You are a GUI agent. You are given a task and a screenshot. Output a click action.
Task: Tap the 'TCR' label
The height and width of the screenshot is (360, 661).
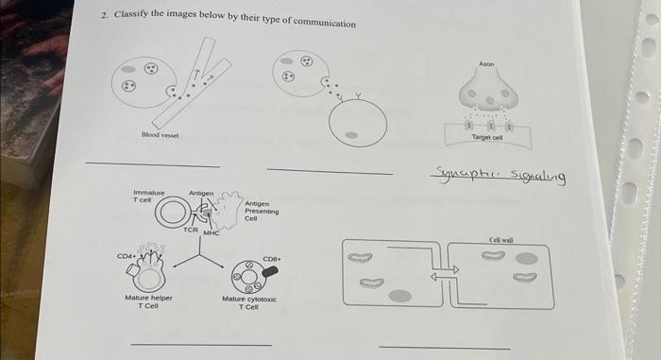(191, 230)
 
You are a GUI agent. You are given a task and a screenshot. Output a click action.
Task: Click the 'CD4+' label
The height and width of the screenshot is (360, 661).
(126, 254)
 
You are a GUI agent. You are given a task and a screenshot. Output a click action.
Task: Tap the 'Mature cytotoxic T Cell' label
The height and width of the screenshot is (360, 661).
(247, 302)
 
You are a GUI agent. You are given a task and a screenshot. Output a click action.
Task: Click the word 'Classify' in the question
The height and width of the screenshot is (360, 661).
(133, 18)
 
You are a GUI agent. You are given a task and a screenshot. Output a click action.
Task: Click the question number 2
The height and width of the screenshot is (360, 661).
(104, 17)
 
